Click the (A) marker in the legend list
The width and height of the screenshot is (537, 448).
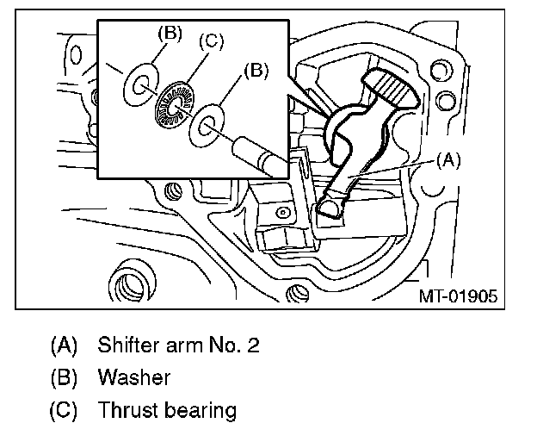tap(64, 345)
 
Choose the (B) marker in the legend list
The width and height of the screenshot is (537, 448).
tap(64, 377)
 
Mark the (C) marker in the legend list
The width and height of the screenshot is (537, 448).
tap(64, 409)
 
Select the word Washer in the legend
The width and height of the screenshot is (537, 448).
tap(134, 377)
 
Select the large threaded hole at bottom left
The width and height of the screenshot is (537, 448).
tap(130, 283)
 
